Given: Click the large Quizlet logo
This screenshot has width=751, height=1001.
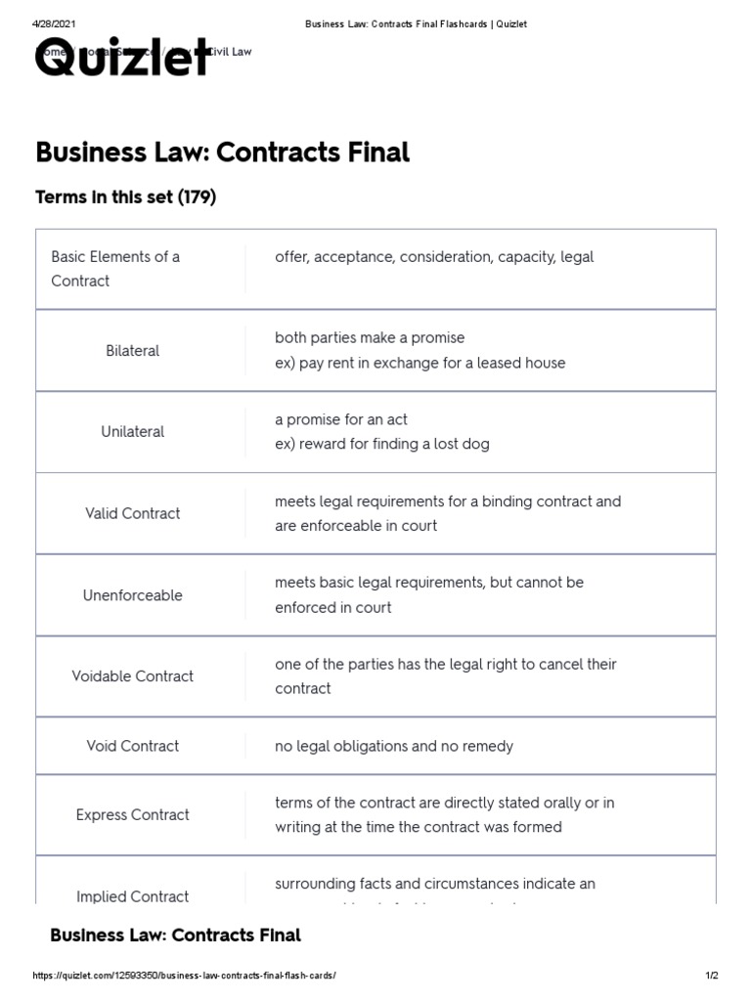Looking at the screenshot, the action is [123, 59].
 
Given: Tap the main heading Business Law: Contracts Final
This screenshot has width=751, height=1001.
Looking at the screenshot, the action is [222, 152].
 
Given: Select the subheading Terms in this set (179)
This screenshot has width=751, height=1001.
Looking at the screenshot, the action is [125, 197].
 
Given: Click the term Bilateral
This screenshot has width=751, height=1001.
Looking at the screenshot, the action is [132, 350].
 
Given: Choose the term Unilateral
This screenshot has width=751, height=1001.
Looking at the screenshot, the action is [132, 431].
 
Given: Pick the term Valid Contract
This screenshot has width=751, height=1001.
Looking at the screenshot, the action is [132, 513].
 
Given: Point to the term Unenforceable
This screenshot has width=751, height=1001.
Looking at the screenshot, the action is [132, 594].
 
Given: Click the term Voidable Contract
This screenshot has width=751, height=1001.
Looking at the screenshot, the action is [132, 675].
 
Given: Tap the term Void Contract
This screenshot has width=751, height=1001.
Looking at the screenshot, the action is [132, 746].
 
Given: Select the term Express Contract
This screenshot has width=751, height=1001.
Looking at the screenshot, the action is [132, 814].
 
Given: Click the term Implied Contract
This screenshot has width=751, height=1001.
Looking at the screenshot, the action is [132, 896].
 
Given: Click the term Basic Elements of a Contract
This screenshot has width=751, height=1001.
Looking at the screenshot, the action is [115, 269].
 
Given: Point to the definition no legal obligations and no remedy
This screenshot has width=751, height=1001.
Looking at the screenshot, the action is [394, 746].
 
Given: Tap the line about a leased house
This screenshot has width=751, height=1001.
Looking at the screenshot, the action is [420, 363].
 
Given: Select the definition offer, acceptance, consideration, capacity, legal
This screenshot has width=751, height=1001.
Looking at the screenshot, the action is [434, 257].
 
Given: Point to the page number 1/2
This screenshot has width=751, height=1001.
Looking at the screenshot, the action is [712, 977].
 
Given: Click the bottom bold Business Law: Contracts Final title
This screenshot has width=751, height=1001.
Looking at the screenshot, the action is [175, 936].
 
